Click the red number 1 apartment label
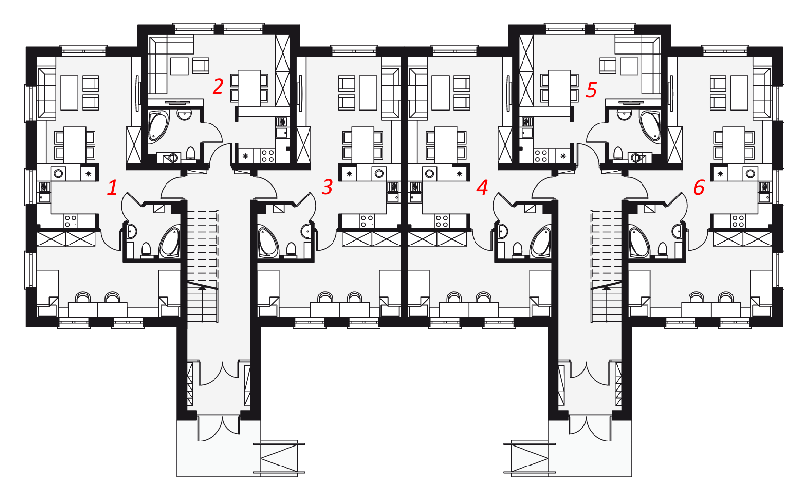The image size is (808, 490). pyautogui.click(x=113, y=188)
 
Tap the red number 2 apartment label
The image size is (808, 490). pyautogui.click(x=218, y=87)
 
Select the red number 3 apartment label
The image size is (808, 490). pyautogui.click(x=327, y=187)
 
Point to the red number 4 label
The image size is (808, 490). pyautogui.click(x=482, y=187)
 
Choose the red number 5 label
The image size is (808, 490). pyautogui.click(x=592, y=90)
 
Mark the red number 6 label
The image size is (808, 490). pyautogui.click(x=699, y=188)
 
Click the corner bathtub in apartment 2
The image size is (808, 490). pyautogui.click(x=158, y=126)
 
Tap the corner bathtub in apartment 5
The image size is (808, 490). pyautogui.click(x=650, y=126)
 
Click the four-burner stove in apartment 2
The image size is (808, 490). pyautogui.click(x=268, y=156)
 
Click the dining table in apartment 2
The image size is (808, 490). pyautogui.click(x=249, y=88)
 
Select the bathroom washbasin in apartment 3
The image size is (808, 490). pyautogui.click(x=307, y=231)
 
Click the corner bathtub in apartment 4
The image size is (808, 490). pyautogui.click(x=540, y=242)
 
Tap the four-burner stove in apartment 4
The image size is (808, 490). pyautogui.click(x=442, y=221)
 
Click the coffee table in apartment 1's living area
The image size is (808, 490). pyautogui.click(x=69, y=93)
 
